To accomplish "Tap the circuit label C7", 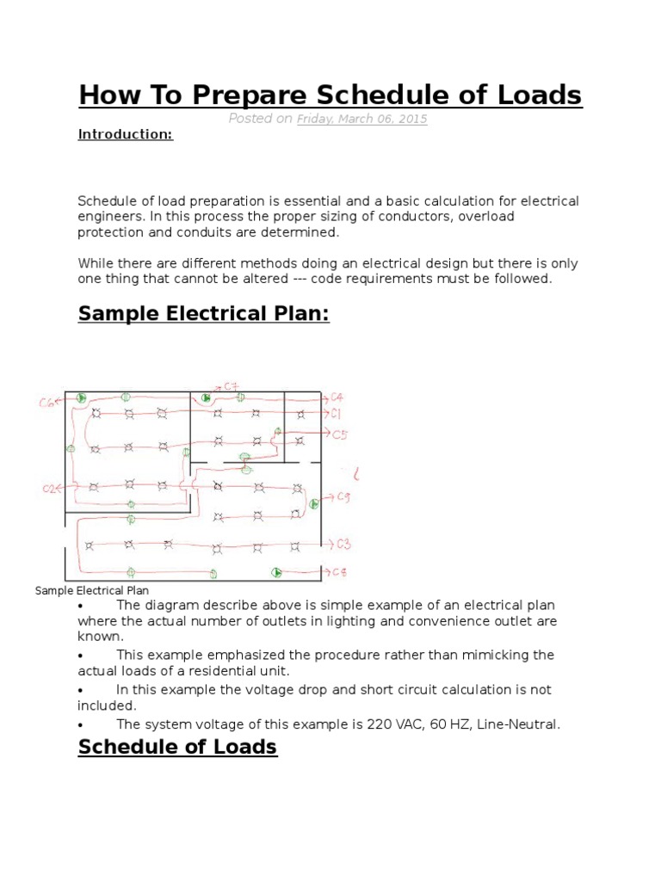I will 231,385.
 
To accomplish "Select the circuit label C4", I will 338,397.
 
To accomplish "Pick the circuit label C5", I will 340,434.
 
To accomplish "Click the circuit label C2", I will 50,488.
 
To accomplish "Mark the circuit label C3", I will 343,544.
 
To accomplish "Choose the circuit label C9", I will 343,497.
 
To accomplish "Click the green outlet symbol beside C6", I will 80,397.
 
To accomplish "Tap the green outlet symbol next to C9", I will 314,503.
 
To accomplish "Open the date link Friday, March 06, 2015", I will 361,120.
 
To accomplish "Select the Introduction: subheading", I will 126,135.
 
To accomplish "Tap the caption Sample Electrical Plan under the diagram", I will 92,590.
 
